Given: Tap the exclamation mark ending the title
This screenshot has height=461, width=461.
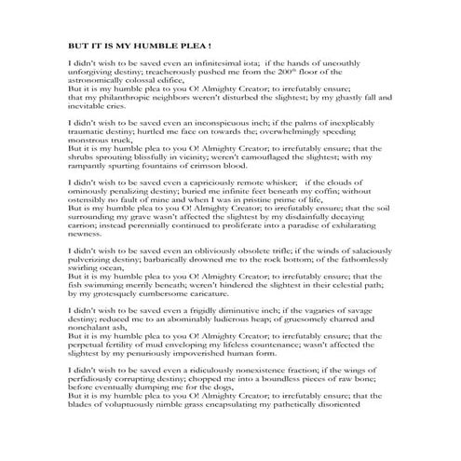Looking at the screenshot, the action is [210, 45].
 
